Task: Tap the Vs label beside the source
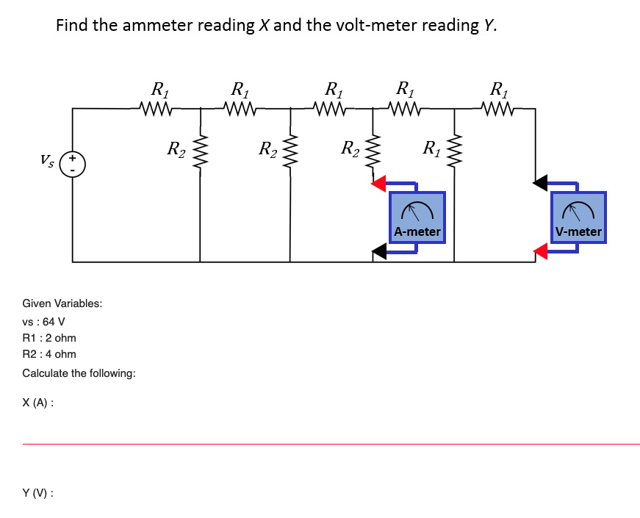(48, 159)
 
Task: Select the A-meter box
(417, 217)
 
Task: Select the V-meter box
(578, 217)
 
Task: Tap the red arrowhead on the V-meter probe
(541, 253)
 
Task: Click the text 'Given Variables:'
(62, 303)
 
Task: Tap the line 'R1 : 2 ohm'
(49, 338)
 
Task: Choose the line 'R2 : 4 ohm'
(49, 354)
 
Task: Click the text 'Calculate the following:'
(79, 373)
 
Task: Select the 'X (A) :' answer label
(37, 403)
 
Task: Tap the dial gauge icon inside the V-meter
(578, 212)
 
